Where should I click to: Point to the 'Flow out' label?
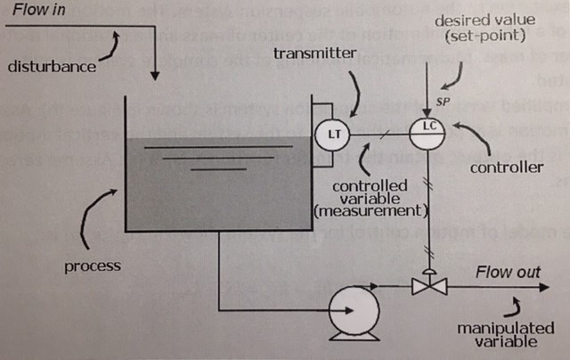507,272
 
